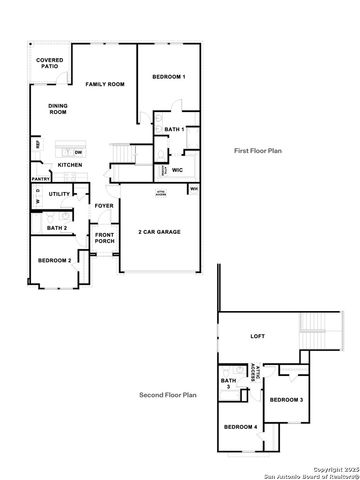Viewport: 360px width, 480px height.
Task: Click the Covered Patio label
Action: (x=49, y=64)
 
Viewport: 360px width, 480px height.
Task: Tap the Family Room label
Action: (x=104, y=85)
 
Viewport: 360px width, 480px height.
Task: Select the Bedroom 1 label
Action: (x=168, y=77)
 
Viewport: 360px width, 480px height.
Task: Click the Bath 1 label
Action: (x=175, y=130)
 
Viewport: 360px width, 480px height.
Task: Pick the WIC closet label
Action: (x=177, y=170)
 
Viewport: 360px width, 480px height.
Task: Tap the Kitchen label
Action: (x=70, y=164)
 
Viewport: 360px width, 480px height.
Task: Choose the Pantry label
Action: (x=41, y=180)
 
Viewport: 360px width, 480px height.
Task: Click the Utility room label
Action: (x=59, y=194)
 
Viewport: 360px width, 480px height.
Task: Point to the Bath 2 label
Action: (x=57, y=228)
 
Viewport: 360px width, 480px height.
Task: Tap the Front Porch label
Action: (x=104, y=238)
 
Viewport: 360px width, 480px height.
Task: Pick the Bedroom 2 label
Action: (x=55, y=260)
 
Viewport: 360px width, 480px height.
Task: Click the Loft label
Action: (x=257, y=336)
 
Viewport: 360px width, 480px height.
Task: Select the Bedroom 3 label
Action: (x=286, y=399)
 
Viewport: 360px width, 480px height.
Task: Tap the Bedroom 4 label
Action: (x=240, y=427)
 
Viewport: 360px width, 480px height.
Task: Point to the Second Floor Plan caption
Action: (x=168, y=395)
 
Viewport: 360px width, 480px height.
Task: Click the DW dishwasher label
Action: (x=77, y=151)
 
